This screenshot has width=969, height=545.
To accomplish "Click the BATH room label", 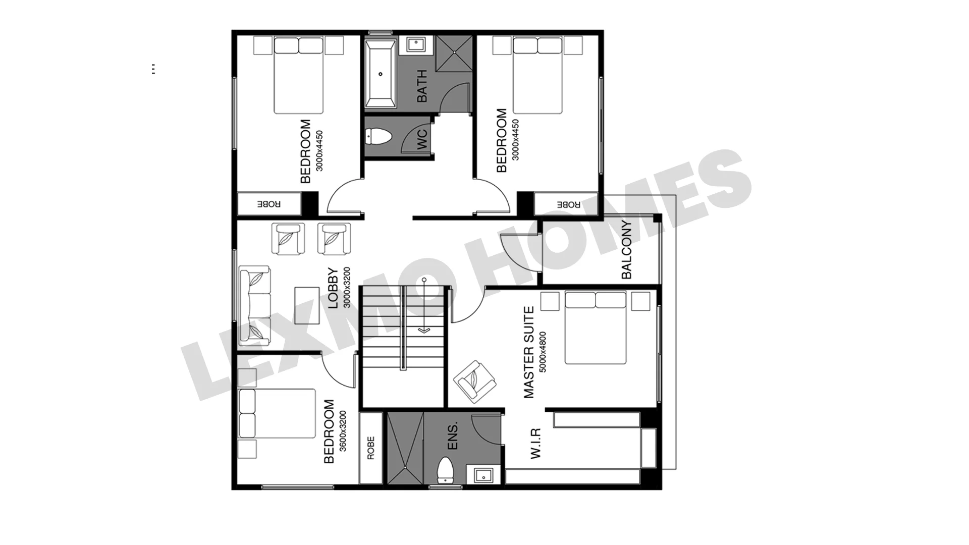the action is click(422, 86).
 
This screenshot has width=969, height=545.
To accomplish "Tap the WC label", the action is click(422, 139).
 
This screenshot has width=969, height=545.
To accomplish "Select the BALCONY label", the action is click(626, 250).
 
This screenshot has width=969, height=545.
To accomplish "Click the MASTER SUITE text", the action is click(528, 352).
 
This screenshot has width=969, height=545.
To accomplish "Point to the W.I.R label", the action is click(535, 444).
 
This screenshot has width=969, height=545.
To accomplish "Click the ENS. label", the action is click(453, 436).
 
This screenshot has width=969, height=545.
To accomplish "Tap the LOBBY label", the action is click(333, 288).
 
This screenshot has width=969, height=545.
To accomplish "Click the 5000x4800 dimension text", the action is click(543, 352).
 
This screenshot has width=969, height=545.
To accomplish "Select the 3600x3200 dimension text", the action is click(343, 431).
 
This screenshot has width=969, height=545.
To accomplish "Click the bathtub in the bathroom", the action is click(381, 74).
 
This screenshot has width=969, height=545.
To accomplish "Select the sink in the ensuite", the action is click(483, 475).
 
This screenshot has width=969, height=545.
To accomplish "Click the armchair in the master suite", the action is click(475, 381).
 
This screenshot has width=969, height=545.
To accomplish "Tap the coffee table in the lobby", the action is click(307, 306).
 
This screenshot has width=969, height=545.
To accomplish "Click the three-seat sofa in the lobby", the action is click(254, 306).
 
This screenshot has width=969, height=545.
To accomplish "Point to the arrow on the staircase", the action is click(424, 305).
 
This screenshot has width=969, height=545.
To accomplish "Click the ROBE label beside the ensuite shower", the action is click(371, 448).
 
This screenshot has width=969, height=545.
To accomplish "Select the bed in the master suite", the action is click(596, 328).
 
